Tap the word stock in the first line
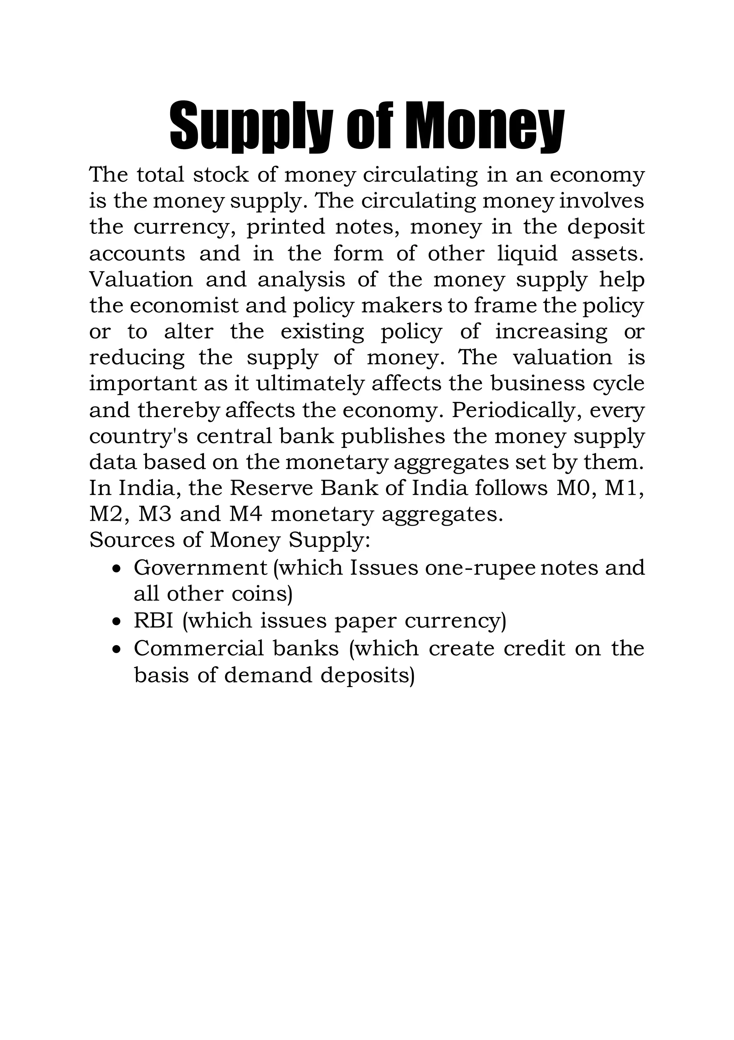[221, 175]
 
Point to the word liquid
[528, 254]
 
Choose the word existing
[322, 333]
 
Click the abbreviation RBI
[153, 620]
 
